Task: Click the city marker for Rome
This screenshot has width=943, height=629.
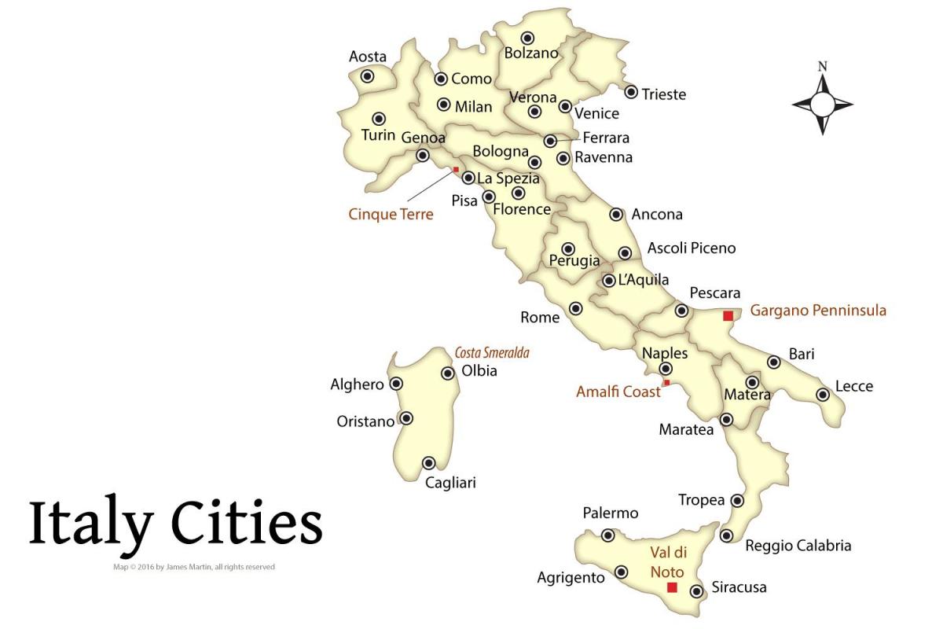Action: click(x=576, y=308)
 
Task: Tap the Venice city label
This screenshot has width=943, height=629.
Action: click(x=597, y=114)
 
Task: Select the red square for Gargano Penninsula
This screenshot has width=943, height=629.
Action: click(x=728, y=315)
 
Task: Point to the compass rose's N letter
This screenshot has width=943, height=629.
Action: click(x=823, y=67)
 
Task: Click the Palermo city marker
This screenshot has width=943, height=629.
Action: click(x=607, y=535)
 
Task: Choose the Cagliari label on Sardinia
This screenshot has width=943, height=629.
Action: click(x=450, y=483)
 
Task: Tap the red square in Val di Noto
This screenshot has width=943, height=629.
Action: click(x=672, y=587)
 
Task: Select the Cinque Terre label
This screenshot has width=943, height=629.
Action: click(x=391, y=214)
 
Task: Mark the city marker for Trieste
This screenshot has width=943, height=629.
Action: click(x=631, y=92)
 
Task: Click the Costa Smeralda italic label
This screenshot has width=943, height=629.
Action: click(x=492, y=353)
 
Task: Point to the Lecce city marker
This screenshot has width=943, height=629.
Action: click(x=823, y=394)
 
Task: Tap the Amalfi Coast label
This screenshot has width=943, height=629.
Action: click(x=618, y=391)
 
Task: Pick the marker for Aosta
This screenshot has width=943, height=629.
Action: click(x=367, y=75)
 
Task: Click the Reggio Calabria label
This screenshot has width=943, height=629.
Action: click(x=798, y=546)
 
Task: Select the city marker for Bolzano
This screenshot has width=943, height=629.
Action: click(x=528, y=37)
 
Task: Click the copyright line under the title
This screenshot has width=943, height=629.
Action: click(x=193, y=567)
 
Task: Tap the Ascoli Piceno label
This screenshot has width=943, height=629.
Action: click(x=692, y=248)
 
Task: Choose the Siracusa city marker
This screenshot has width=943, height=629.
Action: click(x=696, y=591)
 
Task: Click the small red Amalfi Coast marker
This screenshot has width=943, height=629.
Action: click(x=666, y=382)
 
